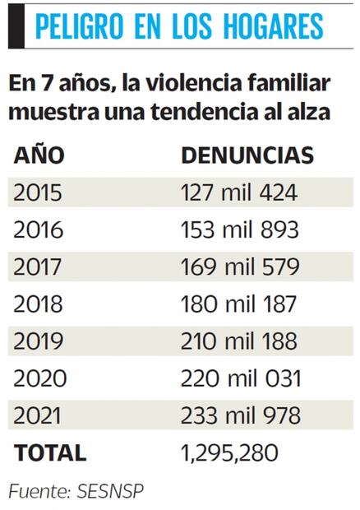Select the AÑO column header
pyautogui.click(x=39, y=155)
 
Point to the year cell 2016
pyautogui.click(x=38, y=229)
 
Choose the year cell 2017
pyautogui.click(x=38, y=267)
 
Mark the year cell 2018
pyautogui.click(x=38, y=304)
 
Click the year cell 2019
pyautogui.click(x=38, y=341)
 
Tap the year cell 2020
pyautogui.click(x=39, y=378)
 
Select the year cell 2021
pyautogui.click(x=38, y=415)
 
